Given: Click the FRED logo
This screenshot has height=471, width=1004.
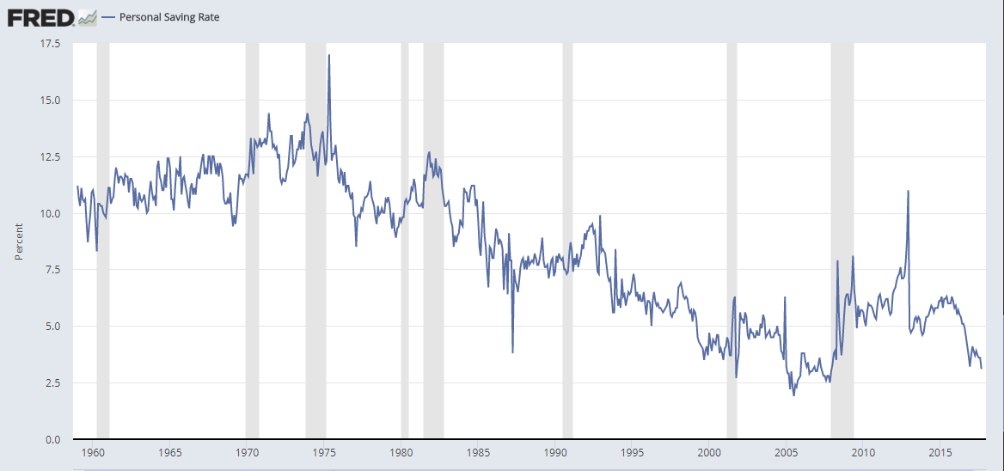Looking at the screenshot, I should [x=40, y=16].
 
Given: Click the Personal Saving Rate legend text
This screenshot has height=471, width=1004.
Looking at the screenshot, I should [x=169, y=16].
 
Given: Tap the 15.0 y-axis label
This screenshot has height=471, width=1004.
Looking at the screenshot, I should [x=48, y=100].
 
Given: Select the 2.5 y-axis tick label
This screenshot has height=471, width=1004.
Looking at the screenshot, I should [x=51, y=382].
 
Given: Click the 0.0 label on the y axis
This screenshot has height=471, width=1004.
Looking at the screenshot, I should [x=51, y=439].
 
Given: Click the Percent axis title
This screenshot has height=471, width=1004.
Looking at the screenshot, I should [x=19, y=242].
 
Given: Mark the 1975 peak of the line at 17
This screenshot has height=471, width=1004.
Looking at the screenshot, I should [x=329, y=55].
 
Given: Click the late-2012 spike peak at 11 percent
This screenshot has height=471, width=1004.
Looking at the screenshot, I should [x=908, y=191].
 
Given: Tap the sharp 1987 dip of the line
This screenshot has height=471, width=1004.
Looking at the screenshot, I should [x=512, y=352].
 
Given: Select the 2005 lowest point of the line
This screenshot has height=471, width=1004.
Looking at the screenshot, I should [x=793, y=395].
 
